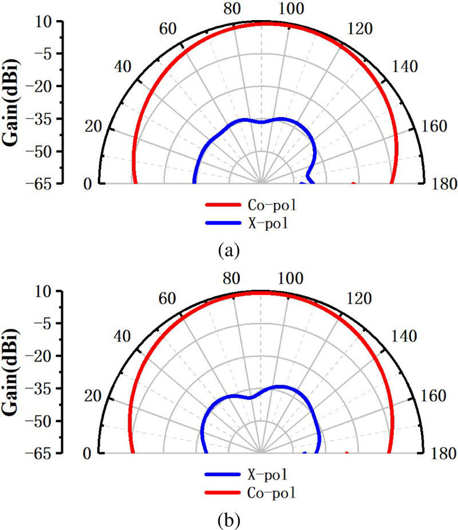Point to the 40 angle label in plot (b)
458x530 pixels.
coord(122,336)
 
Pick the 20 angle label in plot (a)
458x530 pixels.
coord(92,127)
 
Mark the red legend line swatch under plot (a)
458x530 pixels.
coord(223,205)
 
